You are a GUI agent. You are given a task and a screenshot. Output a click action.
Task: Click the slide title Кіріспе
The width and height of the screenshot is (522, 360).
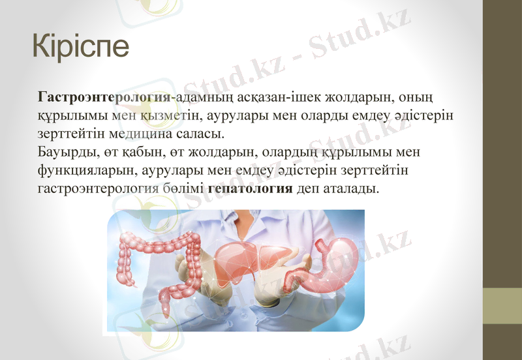tap(81, 47)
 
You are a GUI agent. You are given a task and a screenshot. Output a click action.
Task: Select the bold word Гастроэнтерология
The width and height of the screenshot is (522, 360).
tap(104, 98)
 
